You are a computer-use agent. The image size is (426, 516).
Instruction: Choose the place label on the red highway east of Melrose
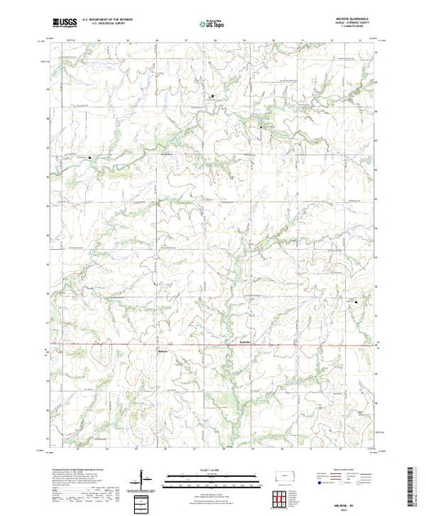249,342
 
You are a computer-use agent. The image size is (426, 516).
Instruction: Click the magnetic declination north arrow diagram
145,478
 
